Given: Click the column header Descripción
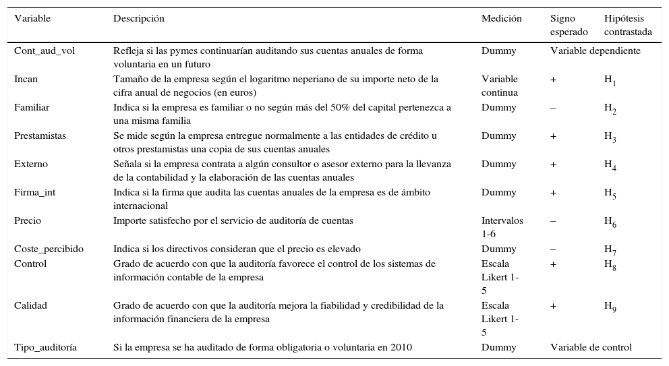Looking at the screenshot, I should point(138,18).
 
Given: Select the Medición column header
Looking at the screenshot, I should point(501,18).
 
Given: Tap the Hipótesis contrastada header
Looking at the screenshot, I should point(628,25).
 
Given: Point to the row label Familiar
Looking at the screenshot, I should point(32,107).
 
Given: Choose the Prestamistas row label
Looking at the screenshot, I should point(40,135).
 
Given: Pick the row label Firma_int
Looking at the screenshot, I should point(34,192).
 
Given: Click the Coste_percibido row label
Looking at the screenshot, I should point(49,249).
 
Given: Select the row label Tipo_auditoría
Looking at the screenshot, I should point(45,347).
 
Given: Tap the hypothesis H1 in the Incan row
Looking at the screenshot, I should point(610,80).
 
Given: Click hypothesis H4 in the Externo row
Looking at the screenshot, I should point(610,165).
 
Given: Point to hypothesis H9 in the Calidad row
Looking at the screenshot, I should point(610,307).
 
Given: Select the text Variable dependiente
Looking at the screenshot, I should point(595,51).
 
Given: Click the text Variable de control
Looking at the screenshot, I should point(591,347).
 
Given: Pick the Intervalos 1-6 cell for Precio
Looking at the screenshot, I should point(502,226).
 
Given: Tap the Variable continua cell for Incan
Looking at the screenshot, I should point(500,86).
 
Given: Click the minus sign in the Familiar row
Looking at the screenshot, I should point(553,107).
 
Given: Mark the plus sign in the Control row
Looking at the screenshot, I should point(553,264).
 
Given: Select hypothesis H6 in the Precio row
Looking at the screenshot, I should point(610,222).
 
